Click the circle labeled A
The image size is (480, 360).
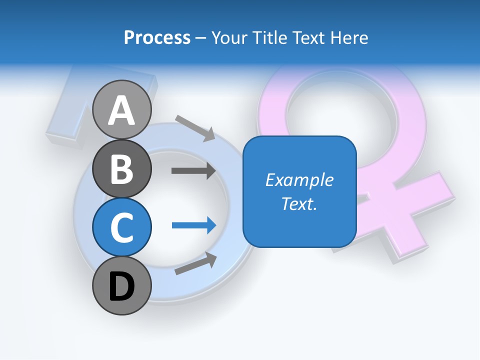122,109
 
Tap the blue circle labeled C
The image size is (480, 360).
122,227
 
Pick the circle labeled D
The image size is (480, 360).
122,286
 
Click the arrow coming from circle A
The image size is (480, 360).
195,127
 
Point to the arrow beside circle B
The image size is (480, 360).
193,171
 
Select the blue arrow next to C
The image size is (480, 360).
194,225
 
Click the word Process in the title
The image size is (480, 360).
157,37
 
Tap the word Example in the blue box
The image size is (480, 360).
299,180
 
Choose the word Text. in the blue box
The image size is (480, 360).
299,203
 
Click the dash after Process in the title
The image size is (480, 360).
201,38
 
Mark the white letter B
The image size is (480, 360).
122,169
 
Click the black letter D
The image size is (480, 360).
122,286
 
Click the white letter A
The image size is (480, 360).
122,110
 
